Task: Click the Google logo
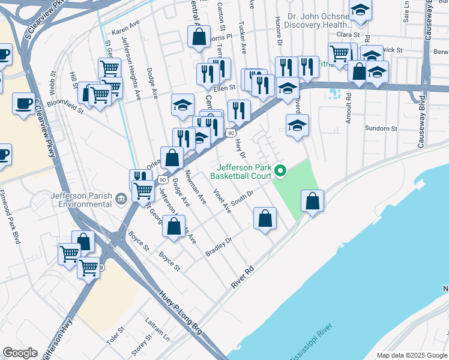(20, 353)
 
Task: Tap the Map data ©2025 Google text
(411, 355)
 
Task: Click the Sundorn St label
(381, 128)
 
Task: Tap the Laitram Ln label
(157, 329)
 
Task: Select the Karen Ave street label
(125, 29)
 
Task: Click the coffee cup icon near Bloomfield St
(23, 102)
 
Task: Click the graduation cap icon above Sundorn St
(297, 125)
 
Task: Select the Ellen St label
(223, 88)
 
